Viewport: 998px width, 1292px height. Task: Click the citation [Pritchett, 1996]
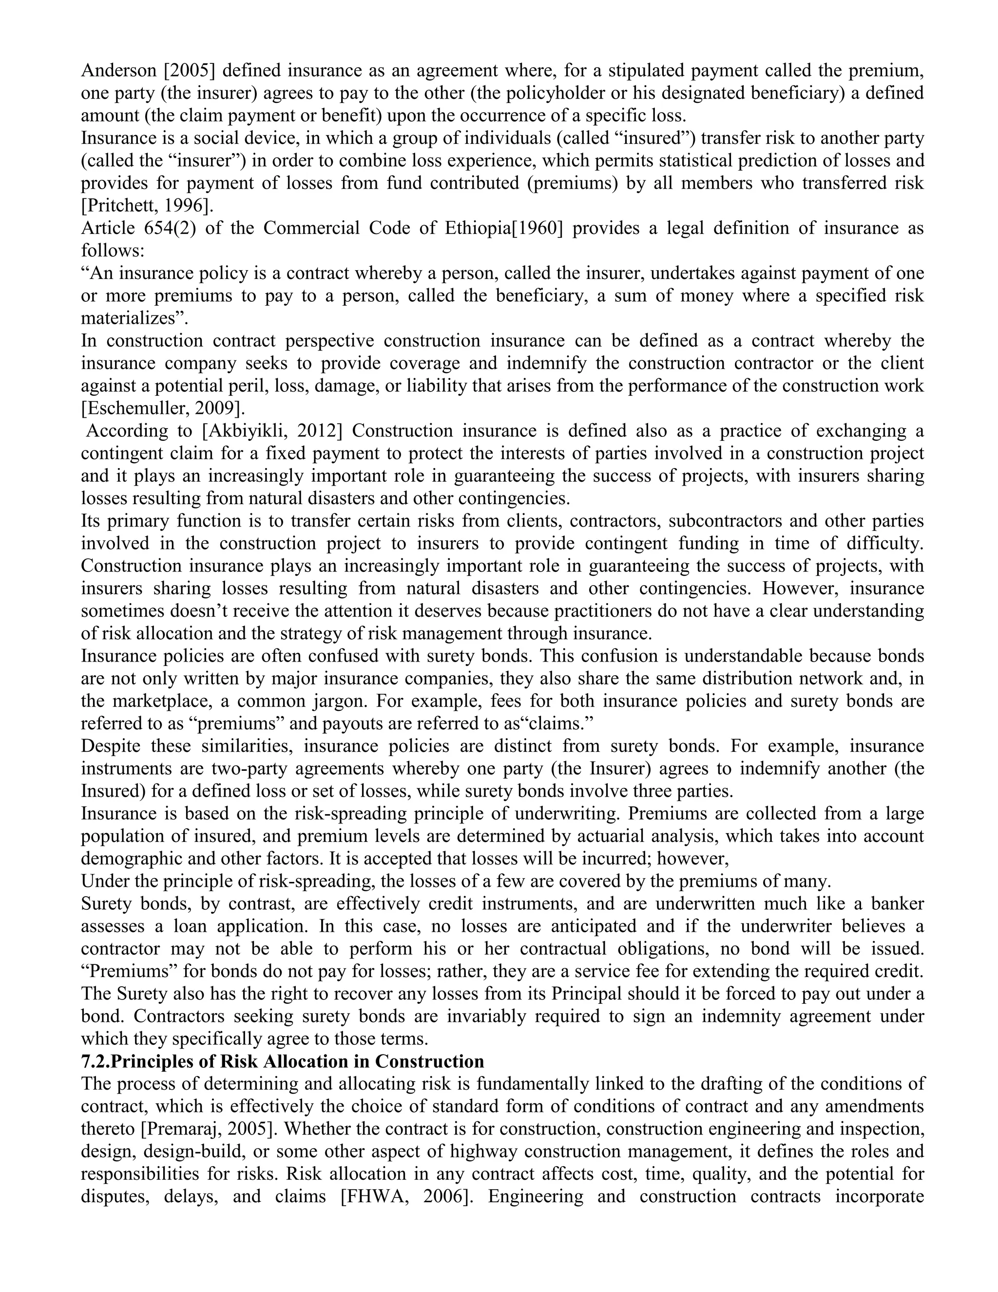147,206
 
